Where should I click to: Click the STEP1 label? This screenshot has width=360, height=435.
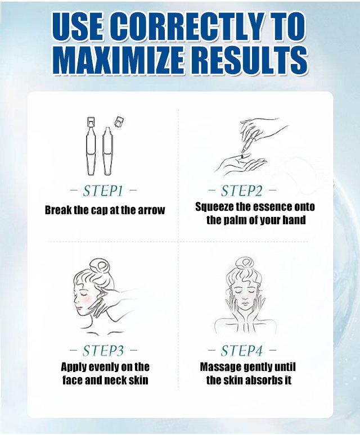103,191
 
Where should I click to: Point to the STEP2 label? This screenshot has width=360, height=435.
241,191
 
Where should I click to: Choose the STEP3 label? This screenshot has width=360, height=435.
103,351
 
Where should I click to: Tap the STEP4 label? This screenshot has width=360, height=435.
241,351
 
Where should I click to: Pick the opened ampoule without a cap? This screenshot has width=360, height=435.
107,151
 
